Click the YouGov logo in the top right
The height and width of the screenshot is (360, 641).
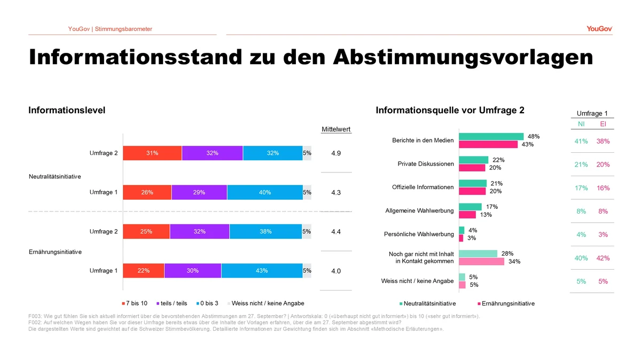point(599,29)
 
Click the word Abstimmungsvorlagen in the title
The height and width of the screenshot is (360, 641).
point(463,58)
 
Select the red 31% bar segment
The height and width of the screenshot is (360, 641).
point(152,153)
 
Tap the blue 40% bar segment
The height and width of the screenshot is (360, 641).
point(265,192)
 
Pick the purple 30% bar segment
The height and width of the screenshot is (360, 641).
point(193,271)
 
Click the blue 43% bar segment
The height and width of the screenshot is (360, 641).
point(262,271)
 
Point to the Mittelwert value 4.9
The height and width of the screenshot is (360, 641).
point(336,153)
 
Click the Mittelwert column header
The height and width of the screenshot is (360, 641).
point(336,129)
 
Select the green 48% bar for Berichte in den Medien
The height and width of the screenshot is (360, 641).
point(491,137)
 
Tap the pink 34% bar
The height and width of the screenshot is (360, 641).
point(482,262)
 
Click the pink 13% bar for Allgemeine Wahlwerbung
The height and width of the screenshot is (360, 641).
point(467,215)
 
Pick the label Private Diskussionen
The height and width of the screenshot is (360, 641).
point(426,164)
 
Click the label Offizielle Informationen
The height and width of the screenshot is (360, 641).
point(423,187)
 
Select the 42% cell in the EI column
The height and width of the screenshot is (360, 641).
point(603,258)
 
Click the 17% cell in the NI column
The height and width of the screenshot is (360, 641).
point(581,188)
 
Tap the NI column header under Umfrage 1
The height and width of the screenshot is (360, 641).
point(581,124)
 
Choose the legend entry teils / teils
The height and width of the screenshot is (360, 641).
point(171,303)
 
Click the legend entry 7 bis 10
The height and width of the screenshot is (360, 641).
point(135,303)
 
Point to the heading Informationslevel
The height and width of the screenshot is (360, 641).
point(67,110)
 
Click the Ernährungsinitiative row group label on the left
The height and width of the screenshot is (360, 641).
point(55,252)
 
